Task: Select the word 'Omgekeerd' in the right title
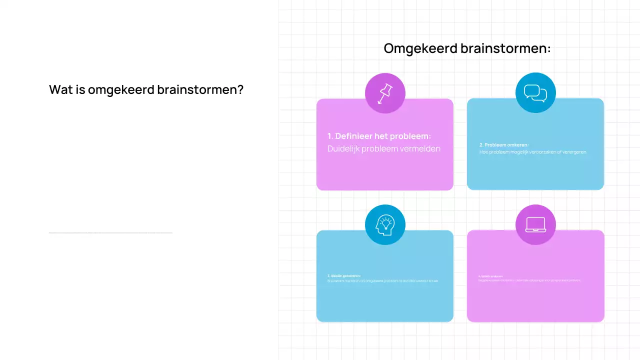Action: (420, 48)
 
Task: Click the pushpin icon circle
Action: (385, 93)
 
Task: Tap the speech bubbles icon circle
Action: (535, 93)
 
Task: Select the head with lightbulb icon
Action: (385, 224)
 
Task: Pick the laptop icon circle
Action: (535, 224)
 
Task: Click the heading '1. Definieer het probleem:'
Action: (379, 136)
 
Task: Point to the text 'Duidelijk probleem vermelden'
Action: (384, 148)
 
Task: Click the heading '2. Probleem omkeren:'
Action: (504, 145)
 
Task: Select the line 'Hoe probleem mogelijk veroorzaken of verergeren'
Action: (532, 152)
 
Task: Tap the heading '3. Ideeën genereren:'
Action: (344, 276)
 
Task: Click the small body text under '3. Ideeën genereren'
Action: (383, 281)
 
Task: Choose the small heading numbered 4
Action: (491, 276)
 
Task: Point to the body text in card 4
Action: (529, 280)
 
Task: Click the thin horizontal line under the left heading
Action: (110, 232)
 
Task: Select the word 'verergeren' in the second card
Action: (573, 152)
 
